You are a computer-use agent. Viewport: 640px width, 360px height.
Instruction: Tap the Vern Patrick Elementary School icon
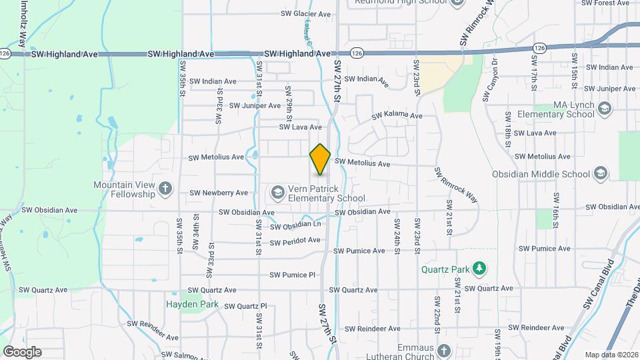(x=277, y=193)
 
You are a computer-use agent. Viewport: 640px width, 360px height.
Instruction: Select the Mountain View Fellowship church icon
(x=166, y=189)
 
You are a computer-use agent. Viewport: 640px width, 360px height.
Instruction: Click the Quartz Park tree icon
(x=479, y=269)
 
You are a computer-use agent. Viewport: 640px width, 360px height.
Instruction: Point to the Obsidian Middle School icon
(x=601, y=174)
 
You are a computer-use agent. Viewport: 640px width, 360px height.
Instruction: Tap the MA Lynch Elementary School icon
(x=604, y=109)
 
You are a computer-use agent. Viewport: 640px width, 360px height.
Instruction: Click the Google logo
(x=22, y=352)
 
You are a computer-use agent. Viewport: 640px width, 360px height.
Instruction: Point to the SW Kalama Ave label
(x=397, y=115)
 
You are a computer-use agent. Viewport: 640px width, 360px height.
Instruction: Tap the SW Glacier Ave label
(x=305, y=13)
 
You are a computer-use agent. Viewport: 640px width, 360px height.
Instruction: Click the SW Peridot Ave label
(x=295, y=240)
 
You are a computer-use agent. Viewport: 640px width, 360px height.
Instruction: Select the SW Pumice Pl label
(x=292, y=275)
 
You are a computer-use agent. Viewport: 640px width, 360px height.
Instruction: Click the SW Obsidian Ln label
(x=296, y=227)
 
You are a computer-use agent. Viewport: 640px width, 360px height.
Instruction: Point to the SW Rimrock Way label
(x=457, y=184)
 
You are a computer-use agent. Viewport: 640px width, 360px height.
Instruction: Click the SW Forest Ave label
(x=605, y=3)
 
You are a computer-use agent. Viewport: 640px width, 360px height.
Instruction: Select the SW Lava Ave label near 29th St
(x=300, y=127)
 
